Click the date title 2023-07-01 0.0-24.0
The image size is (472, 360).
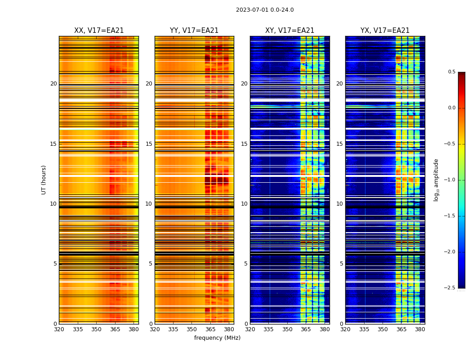(x=265, y=10)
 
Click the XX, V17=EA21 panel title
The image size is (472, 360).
(x=99, y=31)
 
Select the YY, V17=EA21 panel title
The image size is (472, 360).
(x=194, y=31)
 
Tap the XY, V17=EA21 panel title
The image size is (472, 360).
(x=289, y=31)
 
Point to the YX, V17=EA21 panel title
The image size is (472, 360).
(x=385, y=31)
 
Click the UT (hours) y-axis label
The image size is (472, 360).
(x=44, y=180)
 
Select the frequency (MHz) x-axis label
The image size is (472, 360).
(x=217, y=338)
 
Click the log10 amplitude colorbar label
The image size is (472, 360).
(x=436, y=180)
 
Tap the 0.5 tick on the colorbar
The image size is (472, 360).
(x=451, y=72)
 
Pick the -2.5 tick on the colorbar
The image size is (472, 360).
(x=450, y=288)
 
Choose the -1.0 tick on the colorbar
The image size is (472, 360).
(x=450, y=180)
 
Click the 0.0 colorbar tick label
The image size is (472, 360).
(x=451, y=108)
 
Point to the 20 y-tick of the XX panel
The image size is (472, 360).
(x=53, y=84)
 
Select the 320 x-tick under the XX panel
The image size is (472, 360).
(x=59, y=329)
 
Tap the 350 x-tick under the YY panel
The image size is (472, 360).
(x=192, y=329)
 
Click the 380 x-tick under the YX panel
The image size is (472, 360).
(x=420, y=329)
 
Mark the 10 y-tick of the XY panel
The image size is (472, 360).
(x=244, y=204)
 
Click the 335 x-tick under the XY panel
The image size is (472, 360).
(x=269, y=329)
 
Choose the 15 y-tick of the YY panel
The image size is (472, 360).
(x=149, y=144)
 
